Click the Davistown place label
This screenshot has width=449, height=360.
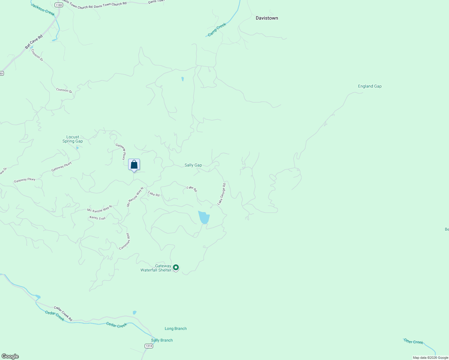click(267, 18)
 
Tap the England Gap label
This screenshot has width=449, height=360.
click(369, 86)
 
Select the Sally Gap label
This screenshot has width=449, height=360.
click(193, 165)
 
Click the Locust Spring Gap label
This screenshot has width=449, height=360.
click(73, 139)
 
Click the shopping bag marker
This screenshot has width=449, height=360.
click(134, 165)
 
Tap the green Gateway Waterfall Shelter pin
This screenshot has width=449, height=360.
click(176, 267)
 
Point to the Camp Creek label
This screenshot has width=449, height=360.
click(217, 30)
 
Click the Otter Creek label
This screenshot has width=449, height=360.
click(413, 341)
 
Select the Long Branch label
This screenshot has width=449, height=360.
click(176, 329)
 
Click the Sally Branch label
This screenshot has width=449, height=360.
click(162, 340)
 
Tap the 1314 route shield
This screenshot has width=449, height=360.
click(149, 346)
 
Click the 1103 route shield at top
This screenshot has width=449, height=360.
click(59, 5)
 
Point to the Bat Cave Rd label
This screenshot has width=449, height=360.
click(34, 42)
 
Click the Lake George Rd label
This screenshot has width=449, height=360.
click(221, 194)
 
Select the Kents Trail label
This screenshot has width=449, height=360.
click(98, 218)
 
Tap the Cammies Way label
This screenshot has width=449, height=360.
click(125, 242)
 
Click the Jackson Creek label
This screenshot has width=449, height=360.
click(43, 10)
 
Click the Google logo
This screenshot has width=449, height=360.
click(10, 356)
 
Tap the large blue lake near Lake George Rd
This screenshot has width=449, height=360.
click(204, 217)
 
